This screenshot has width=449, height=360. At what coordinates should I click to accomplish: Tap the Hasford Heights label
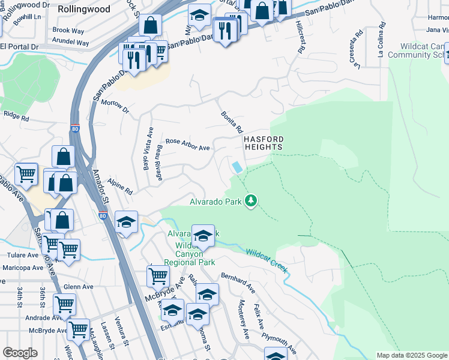point(263,143)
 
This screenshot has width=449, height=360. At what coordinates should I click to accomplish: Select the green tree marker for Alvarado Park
point(252,202)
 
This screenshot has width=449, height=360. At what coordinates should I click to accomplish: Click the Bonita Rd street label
point(232,122)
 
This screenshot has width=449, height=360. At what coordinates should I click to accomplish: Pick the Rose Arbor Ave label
point(187,144)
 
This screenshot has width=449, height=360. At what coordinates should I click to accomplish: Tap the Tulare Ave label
point(19,254)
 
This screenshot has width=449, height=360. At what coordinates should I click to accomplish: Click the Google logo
point(20,353)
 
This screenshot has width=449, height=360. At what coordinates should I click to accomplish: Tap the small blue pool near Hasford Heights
point(238,167)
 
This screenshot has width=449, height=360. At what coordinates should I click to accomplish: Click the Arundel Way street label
point(70,43)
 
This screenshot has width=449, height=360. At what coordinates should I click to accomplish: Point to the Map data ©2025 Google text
point(411,355)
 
